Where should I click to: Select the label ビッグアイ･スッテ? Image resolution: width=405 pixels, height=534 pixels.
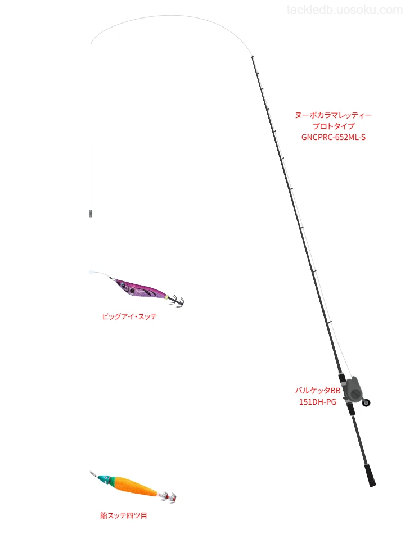click(129, 316)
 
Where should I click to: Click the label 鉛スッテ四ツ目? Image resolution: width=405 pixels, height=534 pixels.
click(123, 515)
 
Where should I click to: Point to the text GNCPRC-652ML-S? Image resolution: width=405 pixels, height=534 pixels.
click(334, 137)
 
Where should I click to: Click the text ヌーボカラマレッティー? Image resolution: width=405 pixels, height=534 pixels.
click(334, 115)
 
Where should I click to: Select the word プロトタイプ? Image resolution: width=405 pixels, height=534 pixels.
click(334, 126)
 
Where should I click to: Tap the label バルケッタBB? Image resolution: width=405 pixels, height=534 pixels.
click(318, 391)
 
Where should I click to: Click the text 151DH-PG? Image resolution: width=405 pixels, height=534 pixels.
click(318, 402)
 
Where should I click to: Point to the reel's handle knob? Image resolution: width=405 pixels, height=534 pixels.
click(366, 402)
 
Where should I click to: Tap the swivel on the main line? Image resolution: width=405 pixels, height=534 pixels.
click(91, 214)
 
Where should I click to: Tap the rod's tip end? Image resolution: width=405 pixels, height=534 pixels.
click(252, 57)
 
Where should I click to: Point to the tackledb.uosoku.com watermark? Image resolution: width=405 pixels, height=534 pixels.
click(345, 10)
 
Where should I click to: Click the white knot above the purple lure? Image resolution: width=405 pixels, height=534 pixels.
click(91, 272)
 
